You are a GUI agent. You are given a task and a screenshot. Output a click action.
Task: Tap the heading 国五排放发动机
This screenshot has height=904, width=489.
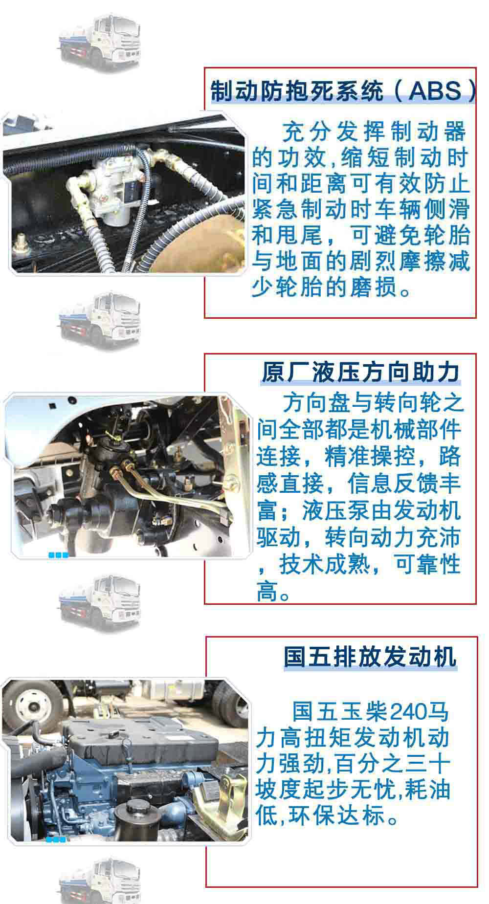[x=370, y=656]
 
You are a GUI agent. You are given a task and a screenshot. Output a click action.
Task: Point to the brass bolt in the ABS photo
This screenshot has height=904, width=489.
[x=21, y=241]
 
